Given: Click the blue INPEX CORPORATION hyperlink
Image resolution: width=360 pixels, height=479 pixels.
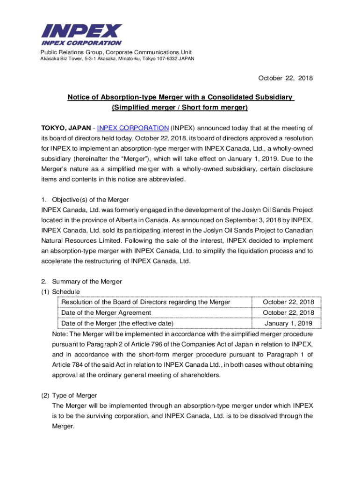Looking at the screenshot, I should tap(133, 128).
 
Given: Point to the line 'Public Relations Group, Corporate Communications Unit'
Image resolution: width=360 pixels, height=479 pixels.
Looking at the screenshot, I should tap(115, 52).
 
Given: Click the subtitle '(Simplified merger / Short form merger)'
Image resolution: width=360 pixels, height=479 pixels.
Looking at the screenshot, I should tap(180, 108).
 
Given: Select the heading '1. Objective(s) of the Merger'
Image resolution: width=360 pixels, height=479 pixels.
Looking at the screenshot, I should tap(85, 200).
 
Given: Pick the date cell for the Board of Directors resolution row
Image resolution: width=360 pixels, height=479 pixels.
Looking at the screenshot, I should tap(288, 302).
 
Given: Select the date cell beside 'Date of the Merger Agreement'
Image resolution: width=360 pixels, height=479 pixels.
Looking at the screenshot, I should tap(288, 313).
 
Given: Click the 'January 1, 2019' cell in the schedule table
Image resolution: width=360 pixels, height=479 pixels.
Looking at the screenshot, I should tap(288, 323).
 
